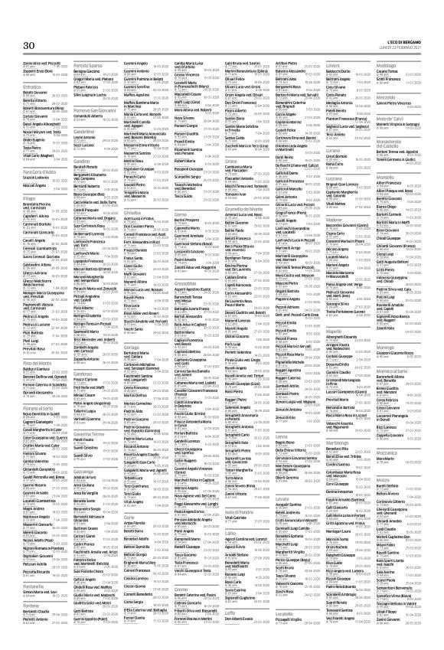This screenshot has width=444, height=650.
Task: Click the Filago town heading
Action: [x=30, y=223]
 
